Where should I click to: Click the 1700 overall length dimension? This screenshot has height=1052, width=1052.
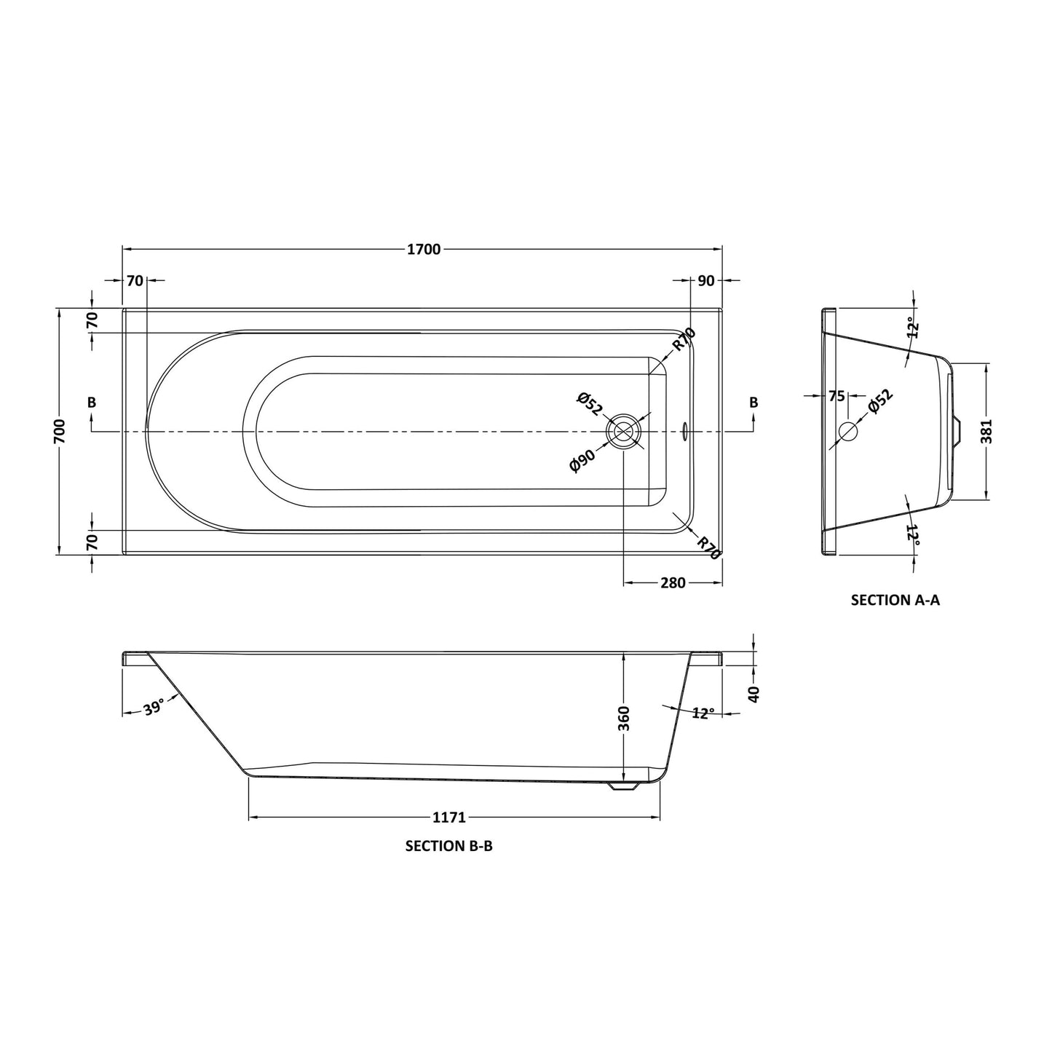(424, 250)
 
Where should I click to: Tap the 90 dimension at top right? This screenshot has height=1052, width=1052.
(705, 280)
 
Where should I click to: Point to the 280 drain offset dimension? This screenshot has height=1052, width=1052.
(673, 582)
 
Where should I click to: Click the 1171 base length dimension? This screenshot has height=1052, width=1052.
(448, 818)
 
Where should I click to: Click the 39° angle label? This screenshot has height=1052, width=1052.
(154, 708)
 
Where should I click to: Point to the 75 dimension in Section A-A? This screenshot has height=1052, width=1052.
(837, 396)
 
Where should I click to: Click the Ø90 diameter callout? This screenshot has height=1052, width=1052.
(582, 462)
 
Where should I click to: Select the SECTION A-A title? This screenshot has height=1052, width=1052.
(895, 600)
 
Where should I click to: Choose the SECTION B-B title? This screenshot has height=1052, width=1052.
(448, 846)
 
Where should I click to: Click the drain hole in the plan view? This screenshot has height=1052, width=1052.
(623, 431)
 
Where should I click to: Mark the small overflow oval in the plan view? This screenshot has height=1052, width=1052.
(683, 432)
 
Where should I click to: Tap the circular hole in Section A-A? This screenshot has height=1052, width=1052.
(848, 431)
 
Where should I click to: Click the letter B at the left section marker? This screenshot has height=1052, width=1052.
(91, 403)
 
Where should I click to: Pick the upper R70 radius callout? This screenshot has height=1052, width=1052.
(684, 340)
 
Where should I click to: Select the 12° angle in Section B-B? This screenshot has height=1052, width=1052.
(703, 713)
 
